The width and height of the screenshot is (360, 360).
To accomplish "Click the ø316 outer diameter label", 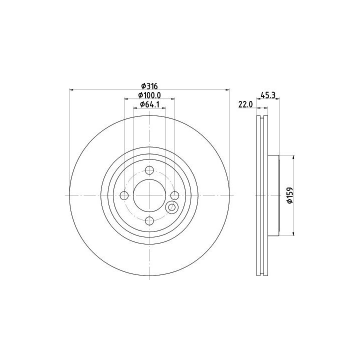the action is (x=149, y=86).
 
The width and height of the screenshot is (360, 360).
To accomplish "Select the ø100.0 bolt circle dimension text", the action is (x=149, y=95).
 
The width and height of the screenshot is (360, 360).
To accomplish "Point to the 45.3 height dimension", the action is (x=268, y=94).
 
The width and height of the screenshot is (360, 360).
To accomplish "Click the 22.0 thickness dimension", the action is (x=245, y=104).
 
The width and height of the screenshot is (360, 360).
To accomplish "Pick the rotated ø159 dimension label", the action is (x=290, y=195).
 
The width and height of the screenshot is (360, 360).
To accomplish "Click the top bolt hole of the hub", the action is (x=149, y=170).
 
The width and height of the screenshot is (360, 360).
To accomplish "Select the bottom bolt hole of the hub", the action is (x=149, y=221).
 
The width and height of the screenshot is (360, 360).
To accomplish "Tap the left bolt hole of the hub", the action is (x=124, y=195).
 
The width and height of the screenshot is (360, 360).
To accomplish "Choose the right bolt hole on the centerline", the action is (x=174, y=195).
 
